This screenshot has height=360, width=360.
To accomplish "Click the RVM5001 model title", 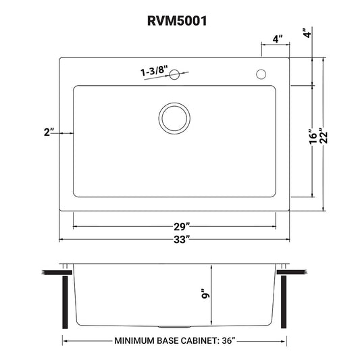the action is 177,21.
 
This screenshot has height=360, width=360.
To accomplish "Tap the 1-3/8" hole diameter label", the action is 154,70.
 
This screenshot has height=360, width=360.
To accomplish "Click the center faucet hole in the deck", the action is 174,74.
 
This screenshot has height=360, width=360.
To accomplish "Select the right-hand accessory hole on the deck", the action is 261,74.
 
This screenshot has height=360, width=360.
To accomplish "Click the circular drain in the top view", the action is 174,118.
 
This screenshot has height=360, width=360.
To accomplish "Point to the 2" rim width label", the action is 49,132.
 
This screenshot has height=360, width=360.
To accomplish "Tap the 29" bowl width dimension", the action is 182,227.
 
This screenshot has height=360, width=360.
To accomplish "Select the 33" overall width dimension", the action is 182,240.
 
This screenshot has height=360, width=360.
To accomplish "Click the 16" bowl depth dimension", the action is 313,136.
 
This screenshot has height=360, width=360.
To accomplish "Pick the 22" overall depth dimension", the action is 324,138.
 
